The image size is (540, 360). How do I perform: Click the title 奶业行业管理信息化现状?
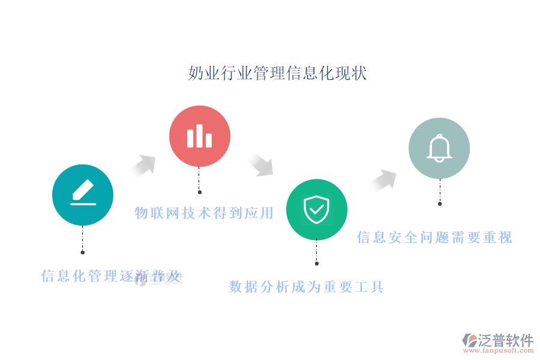coord(277,73)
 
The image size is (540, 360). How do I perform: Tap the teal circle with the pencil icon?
coord(83,195)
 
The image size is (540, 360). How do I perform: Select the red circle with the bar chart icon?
coord(200,136)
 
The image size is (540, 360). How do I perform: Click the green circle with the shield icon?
coord(317,209)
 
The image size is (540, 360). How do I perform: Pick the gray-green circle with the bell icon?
coord(439,148)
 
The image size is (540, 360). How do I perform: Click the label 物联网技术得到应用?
coord(204,213)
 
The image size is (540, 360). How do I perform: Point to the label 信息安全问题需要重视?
coord(434,238)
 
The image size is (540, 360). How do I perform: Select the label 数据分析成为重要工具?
coord(306,287)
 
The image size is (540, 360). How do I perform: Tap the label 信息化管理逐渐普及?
coord(111,276)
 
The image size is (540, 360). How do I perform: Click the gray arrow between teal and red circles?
coord(143,166)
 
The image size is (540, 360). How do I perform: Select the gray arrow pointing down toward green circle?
coord(261,164)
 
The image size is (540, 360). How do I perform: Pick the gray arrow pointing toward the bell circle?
coord(383,180)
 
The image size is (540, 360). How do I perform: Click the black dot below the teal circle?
coord(83,253)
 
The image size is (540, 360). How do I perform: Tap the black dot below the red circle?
coord(200,192)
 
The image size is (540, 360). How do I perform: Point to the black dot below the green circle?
coord(317,263)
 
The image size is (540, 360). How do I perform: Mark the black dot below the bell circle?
coord(440,204)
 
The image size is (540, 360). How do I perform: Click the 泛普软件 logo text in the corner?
coord(506,340)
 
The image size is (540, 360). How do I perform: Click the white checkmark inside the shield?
coord(317,209)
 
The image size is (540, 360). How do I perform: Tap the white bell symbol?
coord(439,148)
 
